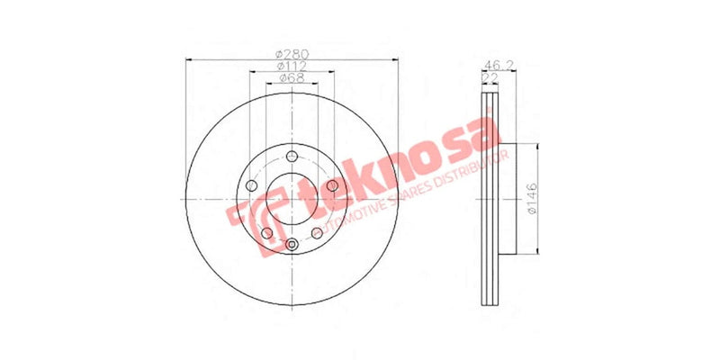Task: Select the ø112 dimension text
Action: click(x=291, y=67)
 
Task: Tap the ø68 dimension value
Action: click(x=291, y=79)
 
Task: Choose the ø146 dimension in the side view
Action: click(x=532, y=197)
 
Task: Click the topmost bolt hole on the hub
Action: click(x=291, y=158)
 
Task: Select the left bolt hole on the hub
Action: click(x=251, y=187)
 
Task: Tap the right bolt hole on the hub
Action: click(x=331, y=186)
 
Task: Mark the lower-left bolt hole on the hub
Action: click(x=266, y=234)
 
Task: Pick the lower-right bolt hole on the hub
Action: click(x=316, y=234)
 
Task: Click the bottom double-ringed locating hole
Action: click(x=291, y=245)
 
